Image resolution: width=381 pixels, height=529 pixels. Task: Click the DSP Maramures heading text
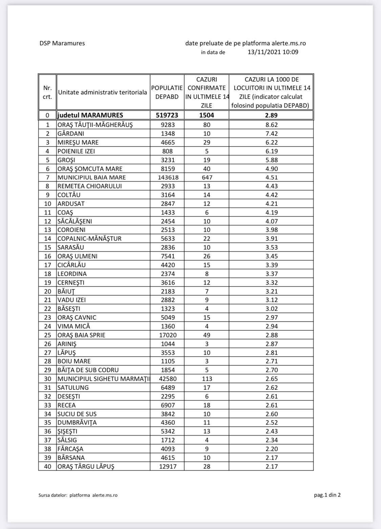(62, 43)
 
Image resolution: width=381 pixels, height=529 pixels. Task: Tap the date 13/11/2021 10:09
(273, 52)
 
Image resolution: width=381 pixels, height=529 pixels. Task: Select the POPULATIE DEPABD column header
(167, 92)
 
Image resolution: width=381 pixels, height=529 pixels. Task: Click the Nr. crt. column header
(47, 92)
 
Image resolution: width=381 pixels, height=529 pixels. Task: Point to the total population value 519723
(167, 115)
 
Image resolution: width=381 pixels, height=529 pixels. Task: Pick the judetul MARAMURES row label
(90, 115)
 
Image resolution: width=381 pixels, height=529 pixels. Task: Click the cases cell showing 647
(207, 177)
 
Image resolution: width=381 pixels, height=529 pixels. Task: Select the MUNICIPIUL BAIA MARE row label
(91, 177)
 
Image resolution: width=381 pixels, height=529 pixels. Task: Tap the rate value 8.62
(272, 125)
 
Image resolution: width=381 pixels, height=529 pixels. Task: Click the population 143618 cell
(167, 177)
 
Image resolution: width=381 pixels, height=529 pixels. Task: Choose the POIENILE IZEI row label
(76, 151)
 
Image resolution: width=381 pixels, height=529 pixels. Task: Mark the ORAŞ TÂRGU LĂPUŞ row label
(86, 466)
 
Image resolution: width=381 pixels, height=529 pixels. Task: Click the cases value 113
(207, 379)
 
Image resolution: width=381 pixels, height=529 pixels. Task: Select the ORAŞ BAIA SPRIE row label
(81, 335)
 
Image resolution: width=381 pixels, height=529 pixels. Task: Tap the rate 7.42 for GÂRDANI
(272, 133)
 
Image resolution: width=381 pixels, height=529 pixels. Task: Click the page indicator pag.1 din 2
(327, 495)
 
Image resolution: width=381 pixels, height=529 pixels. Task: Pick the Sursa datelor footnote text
(78, 495)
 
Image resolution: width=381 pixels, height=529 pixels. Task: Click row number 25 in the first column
(47, 335)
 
